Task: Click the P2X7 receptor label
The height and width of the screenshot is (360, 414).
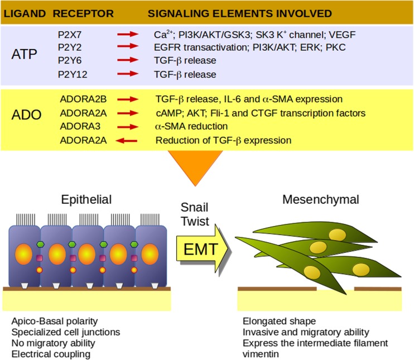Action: tap(70, 35)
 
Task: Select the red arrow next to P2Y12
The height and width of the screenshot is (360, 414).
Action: tap(128, 74)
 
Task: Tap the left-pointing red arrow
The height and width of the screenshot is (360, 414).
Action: tap(127, 141)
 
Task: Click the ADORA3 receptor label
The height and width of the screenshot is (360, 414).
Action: tap(80, 126)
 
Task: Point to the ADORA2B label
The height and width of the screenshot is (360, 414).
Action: tap(83, 99)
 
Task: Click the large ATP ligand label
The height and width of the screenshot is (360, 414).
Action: tap(24, 54)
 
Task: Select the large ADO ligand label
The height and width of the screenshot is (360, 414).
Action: tap(26, 114)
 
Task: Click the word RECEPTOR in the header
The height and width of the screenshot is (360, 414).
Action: tap(83, 13)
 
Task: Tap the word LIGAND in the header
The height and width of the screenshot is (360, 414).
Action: tap(25, 13)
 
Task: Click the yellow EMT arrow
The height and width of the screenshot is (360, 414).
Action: tap(203, 249)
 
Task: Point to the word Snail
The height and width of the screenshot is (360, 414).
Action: tap(194, 207)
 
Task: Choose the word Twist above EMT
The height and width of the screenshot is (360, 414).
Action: tap(195, 221)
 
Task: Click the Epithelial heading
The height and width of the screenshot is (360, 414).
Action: tap(86, 199)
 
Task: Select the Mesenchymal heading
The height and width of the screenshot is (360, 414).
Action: tap(320, 199)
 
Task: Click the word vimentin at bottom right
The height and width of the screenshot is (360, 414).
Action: tap(261, 354)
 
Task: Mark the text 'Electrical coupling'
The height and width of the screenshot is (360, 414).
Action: tap(51, 354)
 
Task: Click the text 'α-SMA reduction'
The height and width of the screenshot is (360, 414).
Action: tap(191, 126)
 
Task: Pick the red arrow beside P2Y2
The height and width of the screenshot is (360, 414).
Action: tap(128, 46)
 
